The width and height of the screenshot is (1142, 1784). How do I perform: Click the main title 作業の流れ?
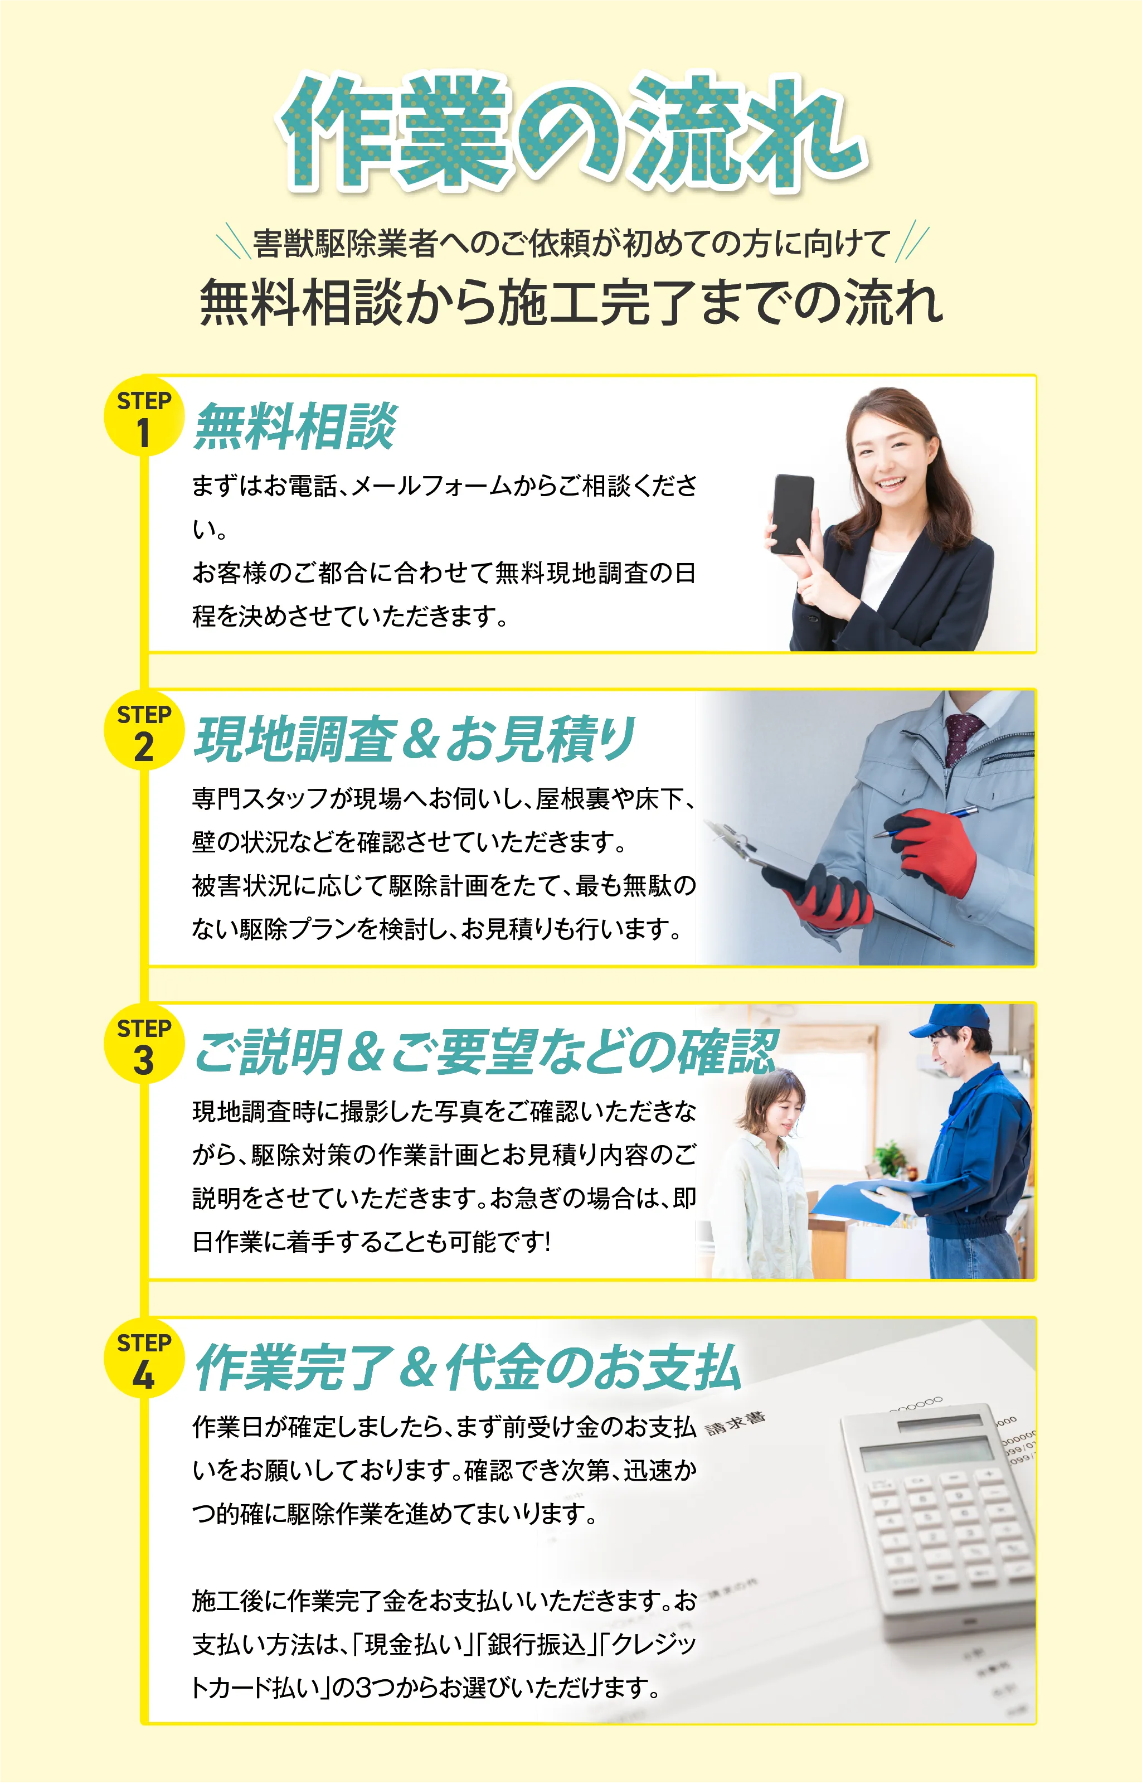point(571,133)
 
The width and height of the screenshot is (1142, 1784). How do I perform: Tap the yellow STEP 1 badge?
point(143,416)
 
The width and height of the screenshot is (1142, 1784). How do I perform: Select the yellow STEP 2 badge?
point(143,730)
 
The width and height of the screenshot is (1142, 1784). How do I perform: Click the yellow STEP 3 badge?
point(143,1044)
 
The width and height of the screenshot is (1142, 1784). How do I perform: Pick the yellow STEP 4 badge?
point(143,1358)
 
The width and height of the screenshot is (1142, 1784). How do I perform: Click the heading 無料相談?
point(295,426)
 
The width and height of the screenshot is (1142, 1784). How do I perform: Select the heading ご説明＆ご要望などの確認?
point(485,1053)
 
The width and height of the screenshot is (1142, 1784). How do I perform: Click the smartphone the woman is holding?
point(792,514)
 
